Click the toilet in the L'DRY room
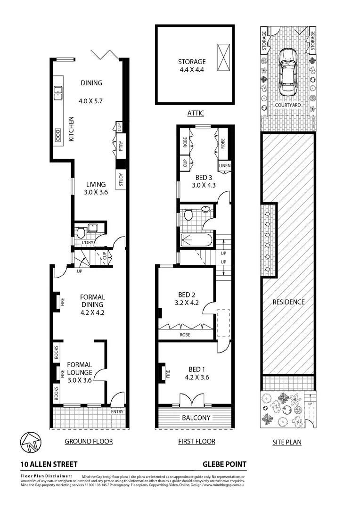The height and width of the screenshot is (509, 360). coord(80,232)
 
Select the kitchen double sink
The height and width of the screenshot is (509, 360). coord(59,93)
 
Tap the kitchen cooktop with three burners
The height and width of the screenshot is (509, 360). coord(58,135)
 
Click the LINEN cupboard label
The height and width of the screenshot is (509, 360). coord(224,166)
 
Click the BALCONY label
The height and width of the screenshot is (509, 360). coord(196,418)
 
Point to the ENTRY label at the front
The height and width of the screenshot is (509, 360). coord(117,412)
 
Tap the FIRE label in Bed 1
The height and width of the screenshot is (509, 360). coord(167,373)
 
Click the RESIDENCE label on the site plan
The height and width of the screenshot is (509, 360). coord(288,302)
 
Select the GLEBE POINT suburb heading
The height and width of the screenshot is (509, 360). coord(225,464)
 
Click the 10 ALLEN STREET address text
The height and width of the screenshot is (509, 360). coord(49,464)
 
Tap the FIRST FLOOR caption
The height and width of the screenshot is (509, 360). coord(196,442)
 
